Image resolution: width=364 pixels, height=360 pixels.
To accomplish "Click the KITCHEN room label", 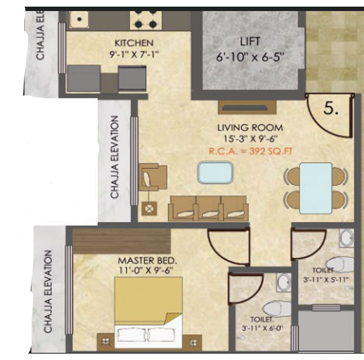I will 134,43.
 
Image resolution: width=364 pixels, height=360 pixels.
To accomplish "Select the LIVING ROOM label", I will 250,128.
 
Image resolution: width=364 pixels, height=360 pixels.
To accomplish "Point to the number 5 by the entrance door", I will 331,109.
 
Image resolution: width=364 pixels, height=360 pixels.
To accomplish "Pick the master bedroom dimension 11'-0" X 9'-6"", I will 146,271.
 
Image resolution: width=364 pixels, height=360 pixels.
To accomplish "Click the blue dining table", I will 316,187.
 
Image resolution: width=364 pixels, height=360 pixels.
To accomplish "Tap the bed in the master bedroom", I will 149,311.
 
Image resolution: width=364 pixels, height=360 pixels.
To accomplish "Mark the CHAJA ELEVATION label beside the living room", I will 115,157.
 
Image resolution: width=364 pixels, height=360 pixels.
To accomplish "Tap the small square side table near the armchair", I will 148,208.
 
